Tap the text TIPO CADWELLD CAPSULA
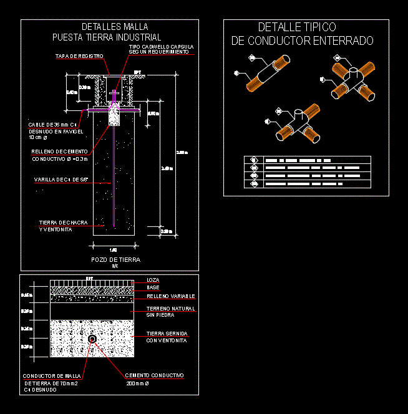(161, 47)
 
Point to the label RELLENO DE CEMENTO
(59, 152)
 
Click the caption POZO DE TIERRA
(115, 259)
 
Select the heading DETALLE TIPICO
(297, 27)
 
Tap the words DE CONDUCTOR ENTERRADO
(302, 41)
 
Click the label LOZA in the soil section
(152, 280)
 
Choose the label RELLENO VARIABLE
(170, 296)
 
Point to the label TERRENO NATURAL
(170, 309)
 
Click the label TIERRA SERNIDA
(167, 334)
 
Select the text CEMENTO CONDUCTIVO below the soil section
(154, 375)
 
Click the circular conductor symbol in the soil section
(92, 339)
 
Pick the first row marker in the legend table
(254, 160)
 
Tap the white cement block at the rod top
(114, 118)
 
